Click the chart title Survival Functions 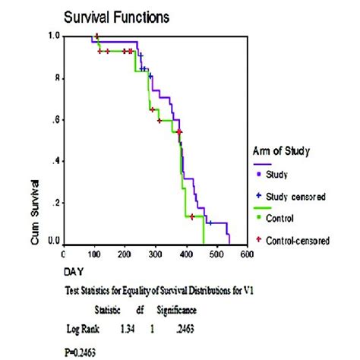point(116,16)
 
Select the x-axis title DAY point(74,270)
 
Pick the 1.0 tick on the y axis point(54,36)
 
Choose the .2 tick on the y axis point(55,203)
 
